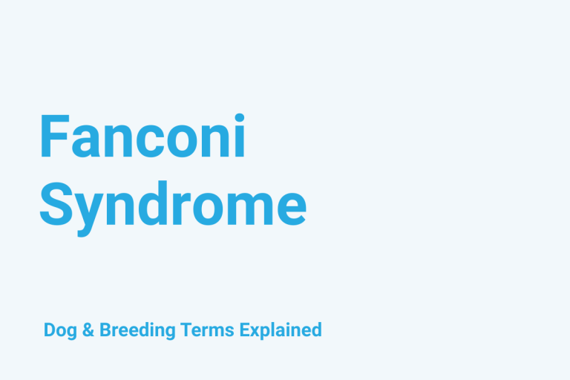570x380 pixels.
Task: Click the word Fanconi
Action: pos(142,137)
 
